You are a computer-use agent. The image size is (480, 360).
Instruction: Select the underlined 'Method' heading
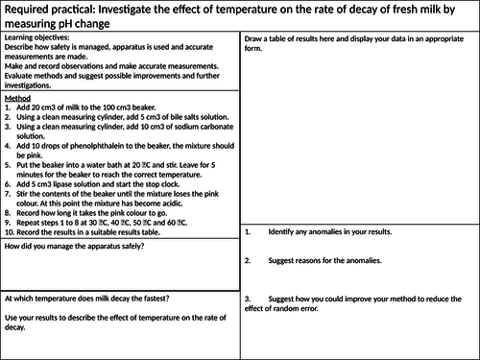click(18, 98)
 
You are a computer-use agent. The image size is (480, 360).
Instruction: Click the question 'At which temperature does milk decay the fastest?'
click(85, 297)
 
